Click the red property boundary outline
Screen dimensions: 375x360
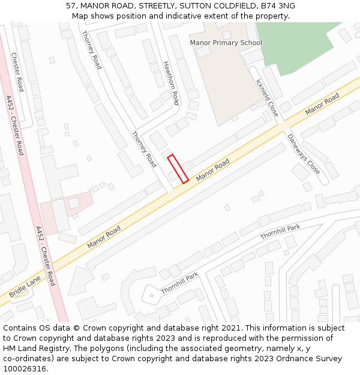coord(178,169)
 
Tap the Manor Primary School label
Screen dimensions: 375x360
coord(226,43)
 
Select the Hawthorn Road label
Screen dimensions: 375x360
coord(171,83)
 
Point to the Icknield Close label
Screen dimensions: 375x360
coord(267,98)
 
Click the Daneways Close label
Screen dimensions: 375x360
coord(303,154)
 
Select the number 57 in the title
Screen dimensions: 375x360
coord(71,6)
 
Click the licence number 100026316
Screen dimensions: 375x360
coord(25,369)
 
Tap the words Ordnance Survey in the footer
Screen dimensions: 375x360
coord(310,359)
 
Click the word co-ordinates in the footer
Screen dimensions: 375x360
coord(27,359)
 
